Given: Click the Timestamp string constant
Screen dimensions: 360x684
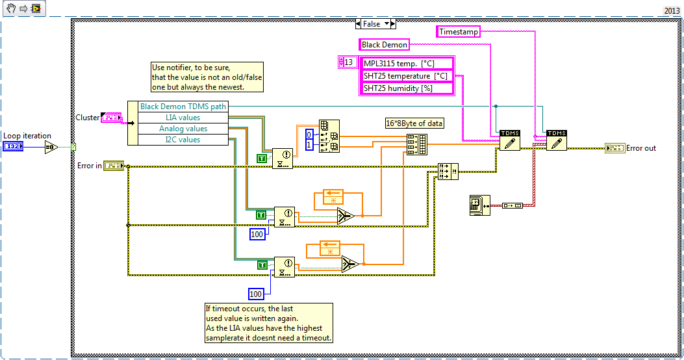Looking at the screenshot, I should (459, 31).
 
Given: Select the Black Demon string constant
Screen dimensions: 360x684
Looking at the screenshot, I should (385, 45).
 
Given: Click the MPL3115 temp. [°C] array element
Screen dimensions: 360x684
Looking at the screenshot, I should (407, 63).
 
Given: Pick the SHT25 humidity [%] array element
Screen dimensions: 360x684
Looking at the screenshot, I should (407, 88).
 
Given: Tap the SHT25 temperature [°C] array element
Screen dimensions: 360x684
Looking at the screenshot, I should (407, 75).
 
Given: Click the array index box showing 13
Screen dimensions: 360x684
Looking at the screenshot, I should (349, 62).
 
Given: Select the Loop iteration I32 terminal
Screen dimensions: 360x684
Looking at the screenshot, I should (13, 148).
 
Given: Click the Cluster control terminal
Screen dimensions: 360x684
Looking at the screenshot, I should (112, 118).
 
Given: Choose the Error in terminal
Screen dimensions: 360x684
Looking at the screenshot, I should (114, 166).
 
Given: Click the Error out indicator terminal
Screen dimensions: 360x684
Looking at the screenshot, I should (614, 148).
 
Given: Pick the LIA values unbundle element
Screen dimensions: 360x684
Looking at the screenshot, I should (179, 118).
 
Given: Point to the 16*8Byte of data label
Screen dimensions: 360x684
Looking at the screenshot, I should (414, 123).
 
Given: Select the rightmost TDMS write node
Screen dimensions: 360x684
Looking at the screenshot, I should (556, 140).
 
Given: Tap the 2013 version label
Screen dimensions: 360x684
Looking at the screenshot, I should (672, 10).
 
